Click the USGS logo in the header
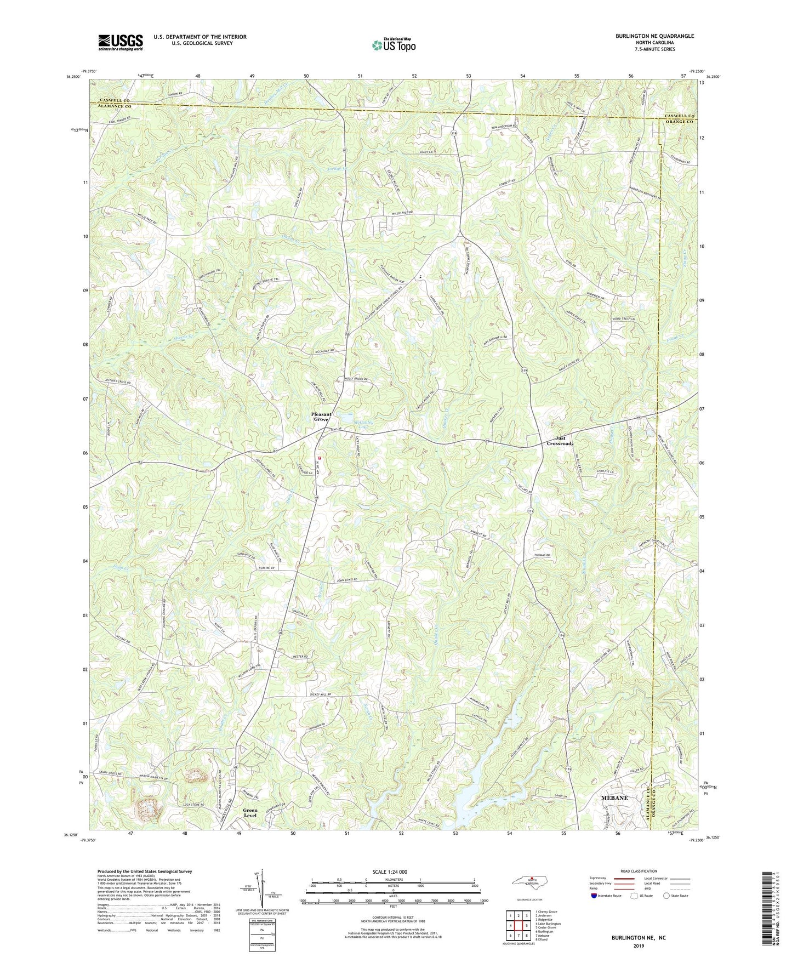(121, 42)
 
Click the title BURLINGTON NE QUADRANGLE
(654, 36)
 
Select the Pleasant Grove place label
(321, 417)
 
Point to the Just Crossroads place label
(560, 441)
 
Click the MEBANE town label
(614, 798)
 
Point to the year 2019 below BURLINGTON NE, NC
(639, 946)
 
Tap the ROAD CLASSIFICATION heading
(639, 871)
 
